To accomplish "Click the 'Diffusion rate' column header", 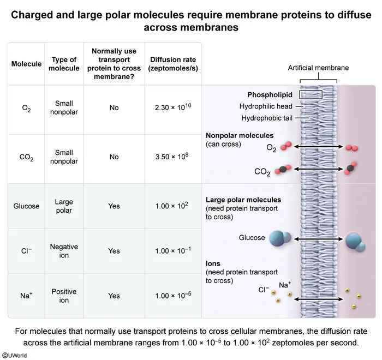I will click(172, 64).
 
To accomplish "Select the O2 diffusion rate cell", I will click(172, 107).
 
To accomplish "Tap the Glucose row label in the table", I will click(26, 206).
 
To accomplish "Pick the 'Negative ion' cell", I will click(64, 251).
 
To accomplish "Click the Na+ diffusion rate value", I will click(172, 296).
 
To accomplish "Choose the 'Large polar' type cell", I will click(64, 206).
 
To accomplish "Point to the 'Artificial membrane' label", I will click(318, 68).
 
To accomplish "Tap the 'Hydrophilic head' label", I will click(266, 106).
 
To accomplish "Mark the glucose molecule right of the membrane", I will click(355, 241).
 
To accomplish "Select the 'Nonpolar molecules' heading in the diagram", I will click(240, 135).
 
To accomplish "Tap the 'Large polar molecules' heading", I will click(243, 200).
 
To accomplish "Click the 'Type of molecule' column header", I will click(64, 64).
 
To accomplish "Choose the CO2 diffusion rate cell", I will click(172, 157).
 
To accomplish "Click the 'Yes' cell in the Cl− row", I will click(114, 251).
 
